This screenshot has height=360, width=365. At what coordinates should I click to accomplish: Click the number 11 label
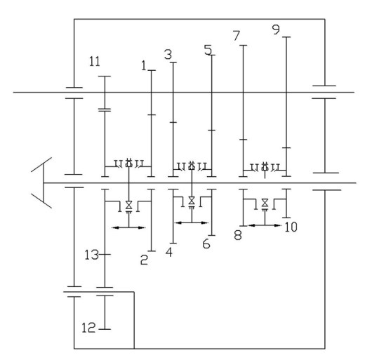[x=95, y=62]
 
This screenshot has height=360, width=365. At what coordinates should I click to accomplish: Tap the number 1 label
[x=144, y=65]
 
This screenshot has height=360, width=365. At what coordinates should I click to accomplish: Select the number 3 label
[x=168, y=55]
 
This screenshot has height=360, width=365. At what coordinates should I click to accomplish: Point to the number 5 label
[x=208, y=50]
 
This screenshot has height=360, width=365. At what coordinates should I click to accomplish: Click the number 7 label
[x=237, y=36]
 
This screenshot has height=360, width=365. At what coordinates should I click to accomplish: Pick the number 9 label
[x=276, y=29]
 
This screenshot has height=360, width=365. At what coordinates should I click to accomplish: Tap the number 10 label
[x=291, y=227]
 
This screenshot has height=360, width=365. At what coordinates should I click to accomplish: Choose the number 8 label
[x=238, y=235]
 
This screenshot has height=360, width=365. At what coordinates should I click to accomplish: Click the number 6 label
[x=206, y=244]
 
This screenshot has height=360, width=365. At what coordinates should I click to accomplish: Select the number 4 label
[x=169, y=252]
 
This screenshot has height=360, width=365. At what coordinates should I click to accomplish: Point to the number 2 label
[x=144, y=260]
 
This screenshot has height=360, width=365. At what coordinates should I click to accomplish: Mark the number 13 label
[x=91, y=255]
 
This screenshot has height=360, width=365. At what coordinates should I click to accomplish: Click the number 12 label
[x=88, y=328]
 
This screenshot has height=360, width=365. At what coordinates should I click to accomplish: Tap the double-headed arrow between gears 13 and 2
[x=128, y=227]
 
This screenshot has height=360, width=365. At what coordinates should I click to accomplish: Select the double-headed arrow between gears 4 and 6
[x=192, y=223]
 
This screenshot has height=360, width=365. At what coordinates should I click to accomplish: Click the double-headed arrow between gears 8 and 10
[x=265, y=225]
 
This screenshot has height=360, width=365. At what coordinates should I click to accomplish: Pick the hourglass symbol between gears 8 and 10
[x=265, y=203]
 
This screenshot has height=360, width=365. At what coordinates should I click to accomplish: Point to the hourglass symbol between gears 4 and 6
[x=192, y=201]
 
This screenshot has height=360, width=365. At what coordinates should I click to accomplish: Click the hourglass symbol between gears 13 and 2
[x=128, y=205]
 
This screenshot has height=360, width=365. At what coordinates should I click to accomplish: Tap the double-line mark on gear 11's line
[x=105, y=109]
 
